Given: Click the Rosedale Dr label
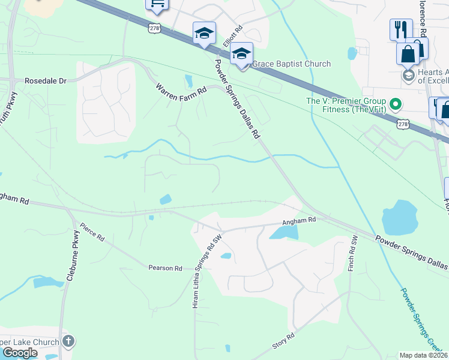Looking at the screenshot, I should pyautogui.click(x=44, y=80).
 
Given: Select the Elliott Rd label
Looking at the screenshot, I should pyautogui.click(x=232, y=37).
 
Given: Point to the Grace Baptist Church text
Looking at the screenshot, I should pyautogui.click(x=292, y=64).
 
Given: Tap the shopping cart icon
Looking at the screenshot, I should pyautogui.click(x=157, y=5).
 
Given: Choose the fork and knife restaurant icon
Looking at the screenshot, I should pyautogui.click(x=400, y=29).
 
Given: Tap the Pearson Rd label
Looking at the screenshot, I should pyautogui.click(x=165, y=268).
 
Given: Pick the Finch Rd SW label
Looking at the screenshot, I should pyautogui.click(x=354, y=253).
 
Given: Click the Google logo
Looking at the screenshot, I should pyautogui.click(x=20, y=353).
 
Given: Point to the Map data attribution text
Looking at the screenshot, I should pyautogui.click(x=424, y=355).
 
